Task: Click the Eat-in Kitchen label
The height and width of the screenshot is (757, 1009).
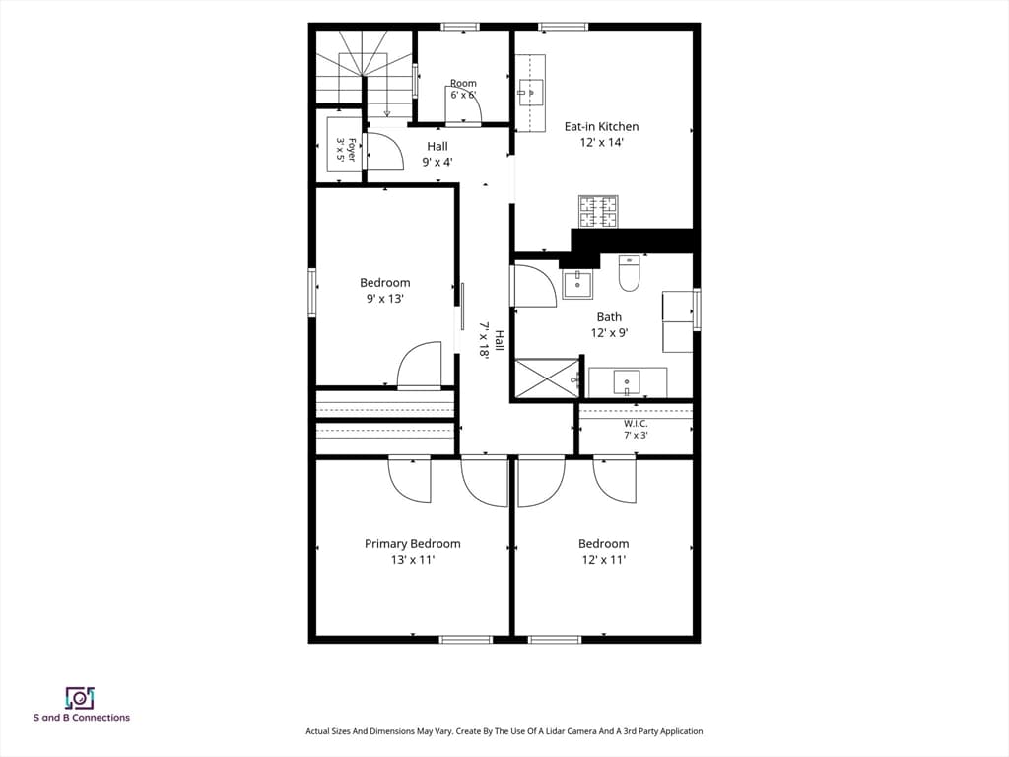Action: click(601, 127)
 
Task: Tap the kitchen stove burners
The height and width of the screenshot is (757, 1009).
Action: click(598, 212)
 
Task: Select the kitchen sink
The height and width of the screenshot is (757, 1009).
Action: click(531, 92)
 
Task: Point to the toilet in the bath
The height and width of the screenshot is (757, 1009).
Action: click(629, 274)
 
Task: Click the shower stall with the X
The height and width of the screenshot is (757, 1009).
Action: click(547, 378)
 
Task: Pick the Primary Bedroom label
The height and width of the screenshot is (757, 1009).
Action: click(413, 544)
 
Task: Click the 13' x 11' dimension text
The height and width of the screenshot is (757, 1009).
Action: click(413, 560)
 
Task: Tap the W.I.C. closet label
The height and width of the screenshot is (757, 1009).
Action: click(636, 424)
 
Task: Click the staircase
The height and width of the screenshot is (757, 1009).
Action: click(364, 68)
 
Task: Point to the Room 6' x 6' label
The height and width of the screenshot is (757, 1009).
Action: click(463, 89)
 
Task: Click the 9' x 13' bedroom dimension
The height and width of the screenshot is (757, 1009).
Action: click(385, 299)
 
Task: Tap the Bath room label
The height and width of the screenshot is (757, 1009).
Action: click(609, 317)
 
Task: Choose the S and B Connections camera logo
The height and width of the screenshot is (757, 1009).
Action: click(80, 698)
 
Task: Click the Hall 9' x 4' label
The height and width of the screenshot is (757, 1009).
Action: click(437, 154)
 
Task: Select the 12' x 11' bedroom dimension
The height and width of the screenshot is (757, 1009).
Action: click(604, 560)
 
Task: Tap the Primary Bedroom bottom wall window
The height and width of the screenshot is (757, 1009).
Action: click(465, 639)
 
